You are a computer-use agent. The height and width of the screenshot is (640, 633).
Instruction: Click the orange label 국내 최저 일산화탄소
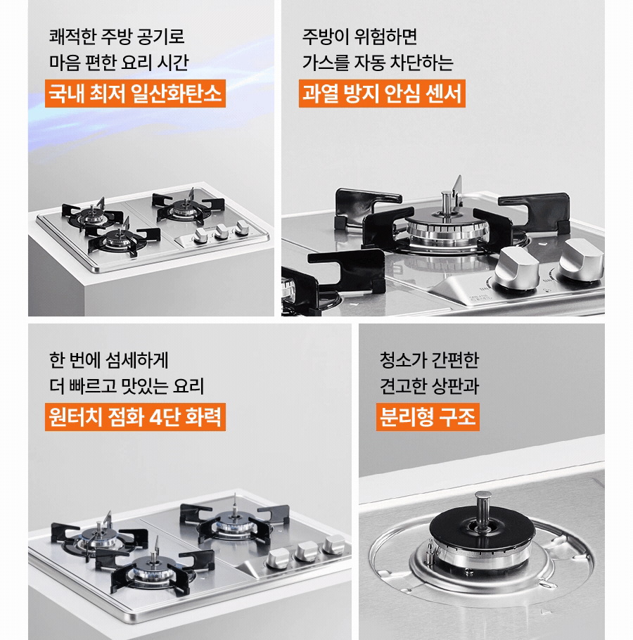pos(135,94)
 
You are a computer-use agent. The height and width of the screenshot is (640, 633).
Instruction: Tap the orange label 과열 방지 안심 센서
pos(382,94)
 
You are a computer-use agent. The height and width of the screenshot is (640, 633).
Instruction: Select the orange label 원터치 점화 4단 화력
pos(135,417)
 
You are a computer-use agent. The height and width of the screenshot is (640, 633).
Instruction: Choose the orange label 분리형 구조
pos(428,417)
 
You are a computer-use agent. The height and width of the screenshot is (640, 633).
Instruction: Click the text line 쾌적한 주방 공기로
pos(117,37)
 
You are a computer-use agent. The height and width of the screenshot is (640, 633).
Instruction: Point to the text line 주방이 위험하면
pos(359,37)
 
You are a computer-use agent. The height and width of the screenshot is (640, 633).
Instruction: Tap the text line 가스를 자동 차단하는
pos(378,63)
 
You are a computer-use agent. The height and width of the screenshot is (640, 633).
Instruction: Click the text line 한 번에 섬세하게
pos(108,360)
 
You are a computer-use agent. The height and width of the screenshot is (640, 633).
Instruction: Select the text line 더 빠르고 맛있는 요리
pos(127,386)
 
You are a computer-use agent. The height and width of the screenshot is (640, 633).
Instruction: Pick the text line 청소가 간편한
pos(429,360)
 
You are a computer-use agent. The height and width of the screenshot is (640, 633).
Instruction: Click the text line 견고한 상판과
pos(429,386)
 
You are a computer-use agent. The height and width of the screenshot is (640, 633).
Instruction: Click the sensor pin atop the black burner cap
pos(482,509)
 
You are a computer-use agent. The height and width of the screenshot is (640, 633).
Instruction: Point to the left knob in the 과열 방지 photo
pos(516,267)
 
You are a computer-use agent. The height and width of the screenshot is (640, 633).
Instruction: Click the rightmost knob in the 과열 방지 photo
pos(581,260)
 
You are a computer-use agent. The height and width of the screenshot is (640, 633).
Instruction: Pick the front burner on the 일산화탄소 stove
pos(119,241)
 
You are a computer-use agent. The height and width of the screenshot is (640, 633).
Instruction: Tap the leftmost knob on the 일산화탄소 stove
pos(201,236)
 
